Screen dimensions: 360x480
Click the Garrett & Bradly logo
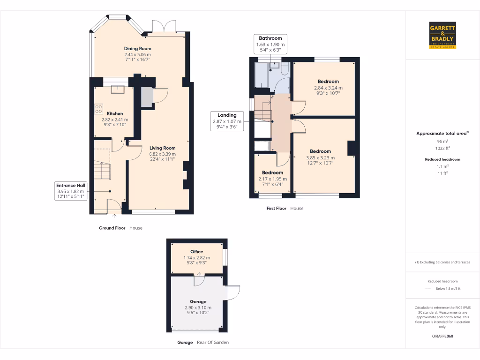442,35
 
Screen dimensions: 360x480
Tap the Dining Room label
137,48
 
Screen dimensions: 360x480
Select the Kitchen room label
115,113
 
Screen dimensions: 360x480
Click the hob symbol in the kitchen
99,109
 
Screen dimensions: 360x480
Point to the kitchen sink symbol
115,90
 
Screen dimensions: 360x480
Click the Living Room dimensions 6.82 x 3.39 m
162,154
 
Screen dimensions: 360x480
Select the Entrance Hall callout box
70,191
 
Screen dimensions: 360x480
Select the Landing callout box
227,121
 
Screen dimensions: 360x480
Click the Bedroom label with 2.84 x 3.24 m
328,82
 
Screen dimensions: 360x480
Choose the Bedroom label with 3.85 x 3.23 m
320,151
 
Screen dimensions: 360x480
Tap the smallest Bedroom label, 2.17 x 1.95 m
272,172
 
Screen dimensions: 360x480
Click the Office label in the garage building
196,252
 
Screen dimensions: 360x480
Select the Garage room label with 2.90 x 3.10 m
198,301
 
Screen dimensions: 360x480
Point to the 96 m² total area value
443,141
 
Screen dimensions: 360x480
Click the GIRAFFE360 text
443,336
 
